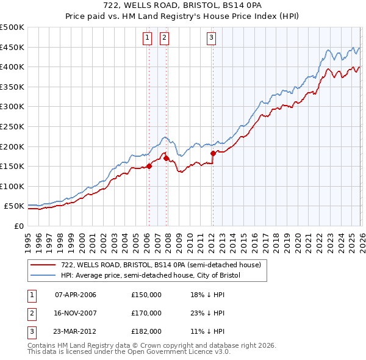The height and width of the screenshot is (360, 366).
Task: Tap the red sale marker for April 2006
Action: coord(148,165)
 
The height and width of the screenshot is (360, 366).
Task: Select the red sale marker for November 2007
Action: coord(166,158)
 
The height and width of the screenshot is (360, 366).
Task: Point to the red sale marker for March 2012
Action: coord(213,153)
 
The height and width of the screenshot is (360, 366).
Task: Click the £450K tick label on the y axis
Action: coord(12,47)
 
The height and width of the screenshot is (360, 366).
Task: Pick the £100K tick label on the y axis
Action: coord(12,186)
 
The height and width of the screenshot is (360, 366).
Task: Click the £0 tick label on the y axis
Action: coord(18,226)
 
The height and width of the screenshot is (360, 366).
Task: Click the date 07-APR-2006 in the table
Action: coord(76,295)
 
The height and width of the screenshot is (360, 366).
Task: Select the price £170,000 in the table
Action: coord(146,313)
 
